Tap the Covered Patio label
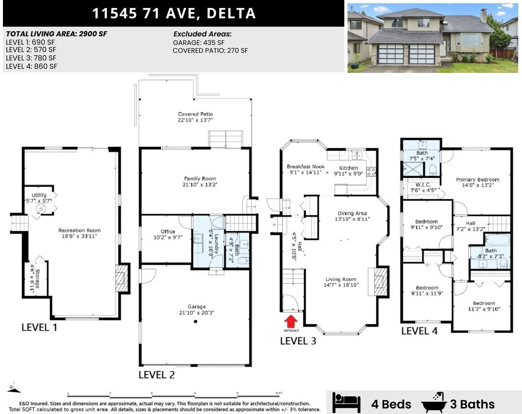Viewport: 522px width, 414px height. pyautogui.click(x=195, y=117)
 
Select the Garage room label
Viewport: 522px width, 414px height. pyautogui.click(x=196, y=310)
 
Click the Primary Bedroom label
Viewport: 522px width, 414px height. pyautogui.click(x=478, y=182)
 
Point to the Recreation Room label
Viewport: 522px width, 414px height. pyautogui.click(x=79, y=233)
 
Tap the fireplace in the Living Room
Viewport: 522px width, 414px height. pyautogui.click(x=380, y=282)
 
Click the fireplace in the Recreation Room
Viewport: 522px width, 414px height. pyautogui.click(x=122, y=278)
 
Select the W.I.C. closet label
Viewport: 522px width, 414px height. pyautogui.click(x=423, y=187)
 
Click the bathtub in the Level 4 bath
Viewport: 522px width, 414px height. pyautogui.click(x=497, y=240)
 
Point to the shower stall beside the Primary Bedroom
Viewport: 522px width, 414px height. pyautogui.click(x=413, y=169)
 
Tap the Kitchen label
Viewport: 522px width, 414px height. pyautogui.click(x=349, y=171)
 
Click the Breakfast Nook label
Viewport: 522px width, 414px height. pyautogui.click(x=306, y=169)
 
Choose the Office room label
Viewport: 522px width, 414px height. pyautogui.click(x=168, y=234)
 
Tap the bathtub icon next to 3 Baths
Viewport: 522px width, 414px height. pyautogui.click(x=434, y=402)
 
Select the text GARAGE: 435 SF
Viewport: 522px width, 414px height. pyautogui.click(x=198, y=43)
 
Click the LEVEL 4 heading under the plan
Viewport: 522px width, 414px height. pyautogui.click(x=419, y=331)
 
